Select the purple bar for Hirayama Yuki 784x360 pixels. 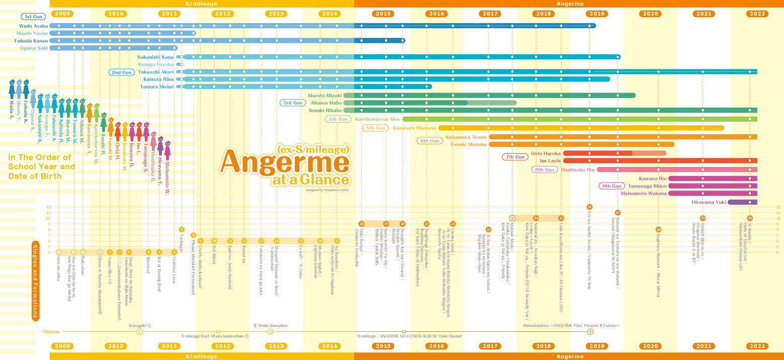click(x=742, y=202)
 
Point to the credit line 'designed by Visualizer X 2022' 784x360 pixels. click(x=327, y=190)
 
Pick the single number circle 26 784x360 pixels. click(x=589, y=207)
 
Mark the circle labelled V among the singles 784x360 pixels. click(x=512, y=218)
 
